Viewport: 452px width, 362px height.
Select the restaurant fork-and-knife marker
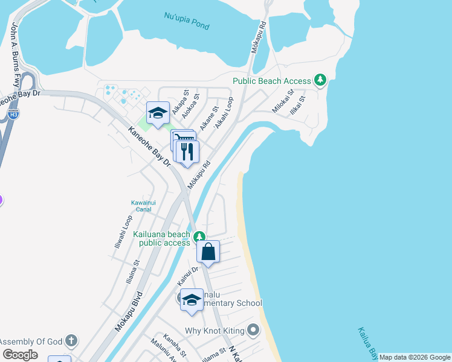[188, 152]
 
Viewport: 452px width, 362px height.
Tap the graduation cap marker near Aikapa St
[158, 113]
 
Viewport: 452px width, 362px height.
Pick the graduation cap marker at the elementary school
[192, 300]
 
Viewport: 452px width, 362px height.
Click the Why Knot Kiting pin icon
[253, 330]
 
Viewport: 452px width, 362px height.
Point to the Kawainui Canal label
[144, 206]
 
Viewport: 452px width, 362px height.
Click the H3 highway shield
[12, 114]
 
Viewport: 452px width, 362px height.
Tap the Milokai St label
[282, 100]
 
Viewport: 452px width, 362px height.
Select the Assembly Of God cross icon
[71, 340]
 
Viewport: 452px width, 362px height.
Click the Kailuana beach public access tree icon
[199, 236]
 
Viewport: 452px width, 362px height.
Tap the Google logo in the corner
[20, 354]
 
